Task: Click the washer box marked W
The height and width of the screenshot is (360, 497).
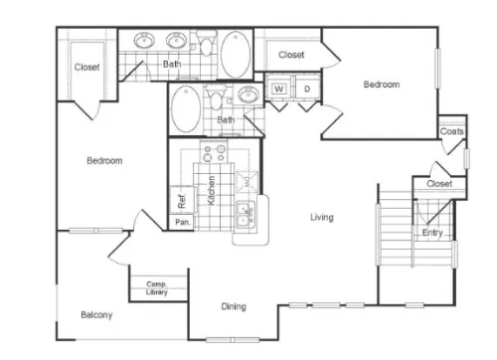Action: click(x=279, y=89)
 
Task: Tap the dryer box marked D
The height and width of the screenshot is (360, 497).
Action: click(x=307, y=89)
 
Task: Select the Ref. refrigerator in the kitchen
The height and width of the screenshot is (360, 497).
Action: click(x=183, y=200)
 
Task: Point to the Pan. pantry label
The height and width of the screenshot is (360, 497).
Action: click(x=183, y=222)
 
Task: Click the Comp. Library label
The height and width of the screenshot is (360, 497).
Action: click(x=157, y=288)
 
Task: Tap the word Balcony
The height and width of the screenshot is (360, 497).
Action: click(x=96, y=314)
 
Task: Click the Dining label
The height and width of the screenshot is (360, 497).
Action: click(x=234, y=306)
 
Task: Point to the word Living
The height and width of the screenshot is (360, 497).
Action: click(x=322, y=217)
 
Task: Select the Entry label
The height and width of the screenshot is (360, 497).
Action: click(x=432, y=233)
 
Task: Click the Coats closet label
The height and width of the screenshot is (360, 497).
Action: click(x=451, y=131)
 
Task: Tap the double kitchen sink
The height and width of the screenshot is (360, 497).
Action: click(x=246, y=214)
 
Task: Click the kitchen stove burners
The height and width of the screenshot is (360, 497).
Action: click(x=214, y=153)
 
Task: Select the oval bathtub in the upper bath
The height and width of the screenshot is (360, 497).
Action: click(x=236, y=55)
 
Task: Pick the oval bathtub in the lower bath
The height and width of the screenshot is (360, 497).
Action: click(x=186, y=108)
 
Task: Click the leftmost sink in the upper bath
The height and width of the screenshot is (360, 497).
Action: click(x=144, y=40)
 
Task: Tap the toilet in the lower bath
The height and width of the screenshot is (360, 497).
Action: click(x=217, y=96)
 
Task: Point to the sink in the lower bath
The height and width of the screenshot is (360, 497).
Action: click(x=248, y=94)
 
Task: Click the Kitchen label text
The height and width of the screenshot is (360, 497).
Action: click(x=211, y=190)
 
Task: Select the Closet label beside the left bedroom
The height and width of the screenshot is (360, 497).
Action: click(x=86, y=67)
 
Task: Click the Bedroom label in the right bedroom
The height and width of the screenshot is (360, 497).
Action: click(x=382, y=85)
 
